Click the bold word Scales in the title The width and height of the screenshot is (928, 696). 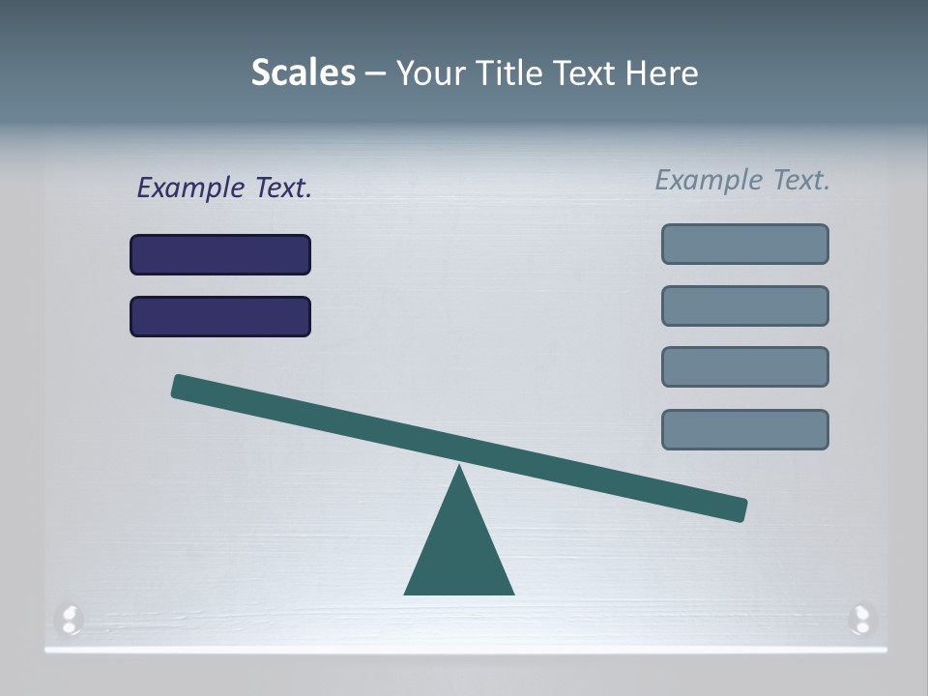click(303, 73)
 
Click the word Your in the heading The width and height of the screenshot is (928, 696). click(432, 73)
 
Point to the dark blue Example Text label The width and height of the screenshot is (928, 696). click(224, 188)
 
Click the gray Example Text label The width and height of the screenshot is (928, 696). click(742, 180)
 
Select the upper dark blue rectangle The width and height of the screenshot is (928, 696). click(220, 255)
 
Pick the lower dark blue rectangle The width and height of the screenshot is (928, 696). click(220, 317)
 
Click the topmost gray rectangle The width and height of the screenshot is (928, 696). click(745, 245)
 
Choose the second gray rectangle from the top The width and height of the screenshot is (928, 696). click(745, 306)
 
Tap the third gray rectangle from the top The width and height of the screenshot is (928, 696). click(745, 367)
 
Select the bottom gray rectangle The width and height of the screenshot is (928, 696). click(745, 430)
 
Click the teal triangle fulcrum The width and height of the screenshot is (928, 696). click(459, 551)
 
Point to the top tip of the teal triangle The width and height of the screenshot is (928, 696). click(459, 469)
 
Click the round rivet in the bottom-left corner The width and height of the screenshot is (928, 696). click(70, 619)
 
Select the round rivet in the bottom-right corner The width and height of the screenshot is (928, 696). click(861, 619)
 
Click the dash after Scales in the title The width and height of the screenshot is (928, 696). click(375, 73)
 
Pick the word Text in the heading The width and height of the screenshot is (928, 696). click(585, 73)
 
